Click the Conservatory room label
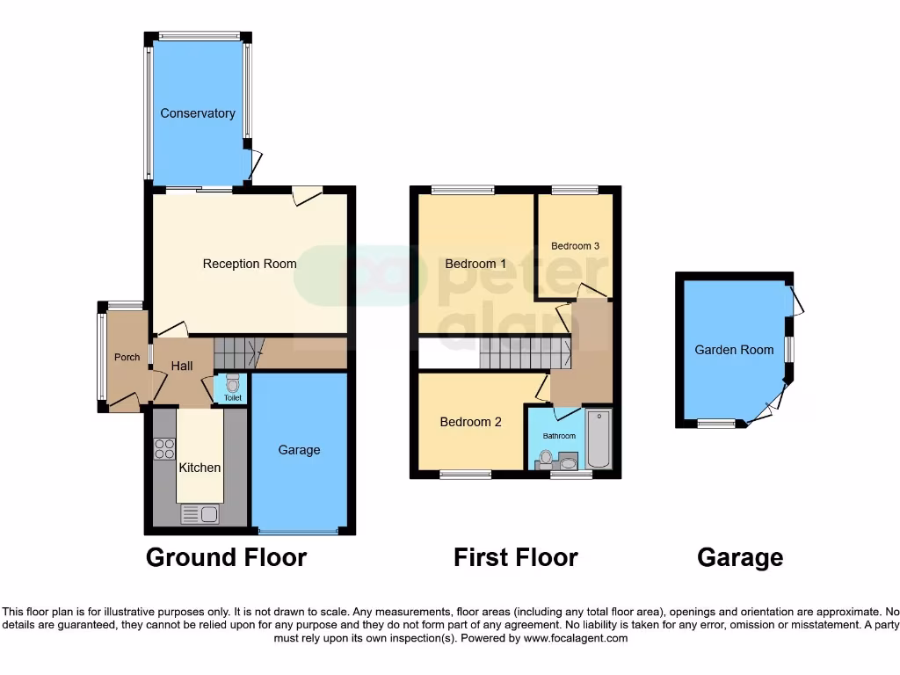(197, 113)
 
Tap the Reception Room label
(250, 264)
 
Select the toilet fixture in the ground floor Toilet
(232, 384)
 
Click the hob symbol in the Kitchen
(164, 449)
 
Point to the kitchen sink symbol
(200, 513)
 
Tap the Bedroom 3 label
(575, 246)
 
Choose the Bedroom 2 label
(470, 422)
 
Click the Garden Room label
(734, 350)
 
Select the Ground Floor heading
(226, 557)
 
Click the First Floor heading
(515, 557)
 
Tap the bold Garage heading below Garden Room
(739, 557)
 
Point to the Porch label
(127, 358)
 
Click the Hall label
(182, 366)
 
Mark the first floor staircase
(526, 353)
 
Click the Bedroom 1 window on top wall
(462, 189)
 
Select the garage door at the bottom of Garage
(298, 531)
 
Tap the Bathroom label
(559, 436)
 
